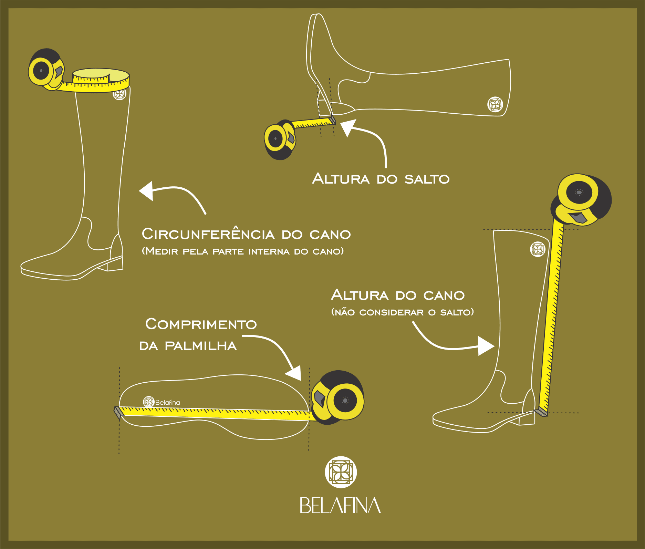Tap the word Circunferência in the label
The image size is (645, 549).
coord(208,234)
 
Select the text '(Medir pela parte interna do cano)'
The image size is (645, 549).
coord(243,251)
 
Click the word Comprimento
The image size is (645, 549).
coord(201,324)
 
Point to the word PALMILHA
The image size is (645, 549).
coord(201,346)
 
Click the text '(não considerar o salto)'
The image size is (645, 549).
coord(402,312)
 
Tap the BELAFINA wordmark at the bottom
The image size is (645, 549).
coord(340,505)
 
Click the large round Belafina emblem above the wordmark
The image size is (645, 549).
coord(341,472)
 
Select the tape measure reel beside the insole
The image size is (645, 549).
coord(339,398)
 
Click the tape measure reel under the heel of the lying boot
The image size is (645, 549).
coord(279,139)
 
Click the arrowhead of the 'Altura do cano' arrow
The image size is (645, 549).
coord(486,346)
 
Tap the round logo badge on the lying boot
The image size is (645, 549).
coord(495,104)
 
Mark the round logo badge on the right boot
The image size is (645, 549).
coord(537,249)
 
